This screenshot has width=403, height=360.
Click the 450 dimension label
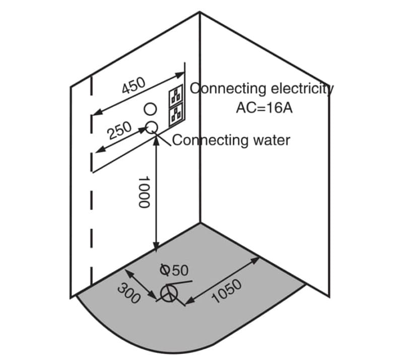(133, 85)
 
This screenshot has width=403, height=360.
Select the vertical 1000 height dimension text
(144, 192)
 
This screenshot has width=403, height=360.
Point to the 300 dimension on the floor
(128, 293)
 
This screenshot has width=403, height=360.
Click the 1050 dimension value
(228, 291)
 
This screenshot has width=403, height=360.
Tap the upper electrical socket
(175, 95)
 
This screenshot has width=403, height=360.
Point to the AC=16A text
(264, 108)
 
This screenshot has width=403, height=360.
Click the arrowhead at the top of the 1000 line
(157, 140)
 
